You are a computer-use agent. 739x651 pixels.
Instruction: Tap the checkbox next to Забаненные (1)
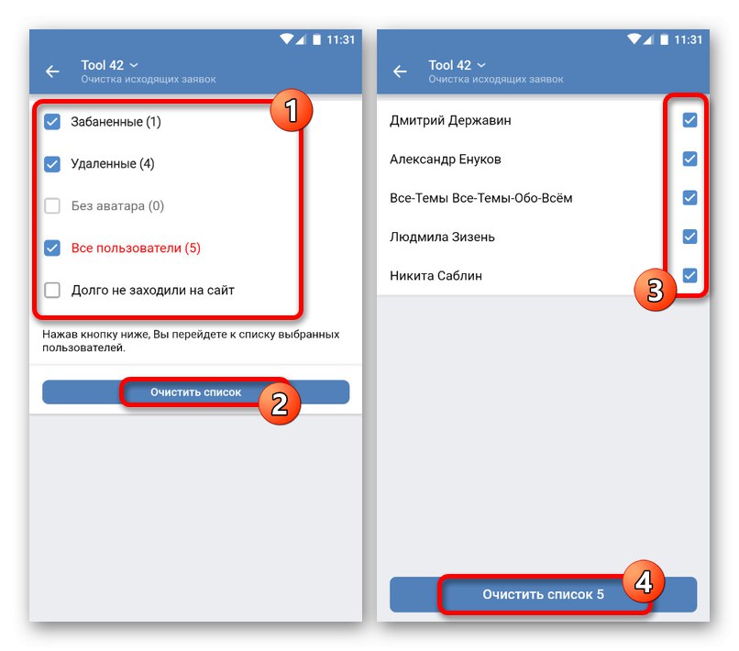point(52,121)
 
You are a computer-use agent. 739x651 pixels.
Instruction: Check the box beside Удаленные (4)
point(52,163)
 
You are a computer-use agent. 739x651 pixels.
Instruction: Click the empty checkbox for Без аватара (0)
point(52,205)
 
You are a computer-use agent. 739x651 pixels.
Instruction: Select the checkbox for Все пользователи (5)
point(52,248)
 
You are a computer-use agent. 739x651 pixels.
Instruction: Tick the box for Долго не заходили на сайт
point(52,290)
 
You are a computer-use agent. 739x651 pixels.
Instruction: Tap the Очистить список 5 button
point(543,594)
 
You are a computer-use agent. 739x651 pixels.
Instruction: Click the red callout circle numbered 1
point(292,110)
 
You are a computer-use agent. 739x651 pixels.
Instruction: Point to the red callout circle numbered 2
point(280,403)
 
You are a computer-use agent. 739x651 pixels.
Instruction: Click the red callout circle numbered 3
point(656,290)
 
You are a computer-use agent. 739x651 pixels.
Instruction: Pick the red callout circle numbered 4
point(644,581)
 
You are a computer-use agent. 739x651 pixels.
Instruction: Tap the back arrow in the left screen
point(52,72)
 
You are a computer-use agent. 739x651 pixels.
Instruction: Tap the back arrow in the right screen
point(400,72)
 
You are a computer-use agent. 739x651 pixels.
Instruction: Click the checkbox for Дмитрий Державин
point(689,120)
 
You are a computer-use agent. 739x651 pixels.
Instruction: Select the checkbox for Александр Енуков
point(689,159)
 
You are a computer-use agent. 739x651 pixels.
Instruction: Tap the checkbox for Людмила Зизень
point(689,237)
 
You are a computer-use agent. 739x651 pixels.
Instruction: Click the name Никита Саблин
point(436,275)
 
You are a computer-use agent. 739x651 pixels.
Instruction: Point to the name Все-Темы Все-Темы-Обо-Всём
point(481,198)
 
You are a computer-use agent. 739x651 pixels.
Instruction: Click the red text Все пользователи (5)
point(136,248)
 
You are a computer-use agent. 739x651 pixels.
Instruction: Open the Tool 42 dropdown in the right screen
point(457,65)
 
